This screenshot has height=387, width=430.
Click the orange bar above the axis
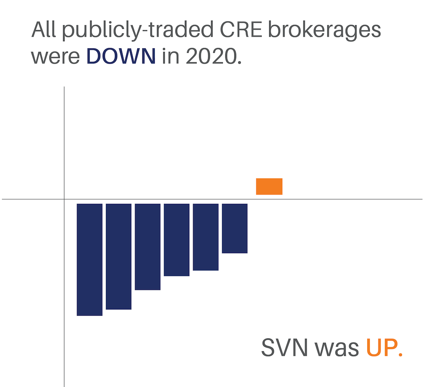[269, 186]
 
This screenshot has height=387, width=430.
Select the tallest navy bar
[89, 259]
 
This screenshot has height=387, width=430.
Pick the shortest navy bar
[235, 228]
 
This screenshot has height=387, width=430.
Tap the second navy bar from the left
[119, 256]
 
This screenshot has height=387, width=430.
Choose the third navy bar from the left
[147, 247]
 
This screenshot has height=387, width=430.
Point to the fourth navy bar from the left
[177, 240]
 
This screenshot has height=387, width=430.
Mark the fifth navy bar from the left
[206, 237]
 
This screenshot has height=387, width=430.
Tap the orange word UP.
[384, 348]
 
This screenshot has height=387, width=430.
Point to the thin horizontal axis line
[344, 199]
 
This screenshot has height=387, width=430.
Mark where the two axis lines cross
[64, 199]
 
